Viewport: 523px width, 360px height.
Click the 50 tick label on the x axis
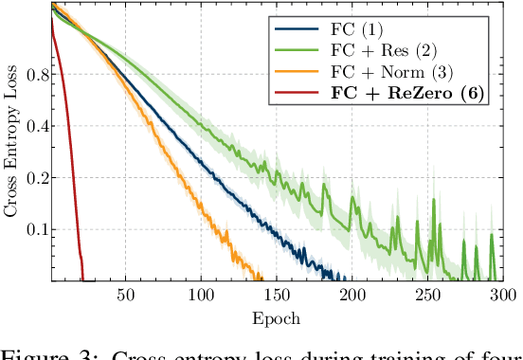(x=124, y=295)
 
